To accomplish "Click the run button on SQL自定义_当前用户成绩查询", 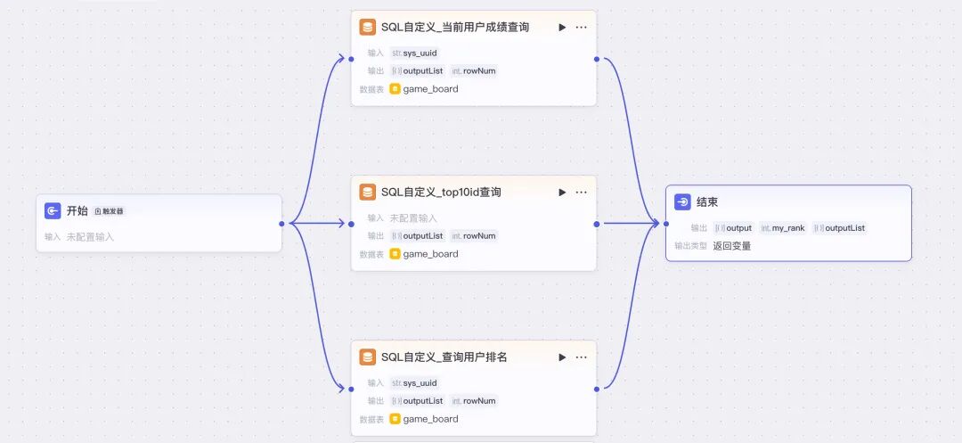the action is pos(562,27).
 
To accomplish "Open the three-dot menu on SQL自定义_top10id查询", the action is pos(582,192).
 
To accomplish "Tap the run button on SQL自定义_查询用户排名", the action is pos(562,357).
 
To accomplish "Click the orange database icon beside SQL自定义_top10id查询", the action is pos(367,192).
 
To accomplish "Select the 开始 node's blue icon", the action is pos(53,210).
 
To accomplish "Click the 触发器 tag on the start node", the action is pos(110,211).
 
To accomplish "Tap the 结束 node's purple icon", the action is pos(682,202).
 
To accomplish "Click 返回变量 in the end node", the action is pos(732,245).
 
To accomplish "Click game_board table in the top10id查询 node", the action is pos(430,254).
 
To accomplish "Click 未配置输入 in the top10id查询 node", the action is pos(413,217).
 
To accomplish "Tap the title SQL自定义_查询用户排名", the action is pos(444,357).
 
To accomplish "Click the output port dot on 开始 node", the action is pos(281,223).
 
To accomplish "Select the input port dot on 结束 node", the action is pos(665,223).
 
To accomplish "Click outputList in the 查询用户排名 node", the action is pos(422,400).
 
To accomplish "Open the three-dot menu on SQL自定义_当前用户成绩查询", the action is pos(582,27).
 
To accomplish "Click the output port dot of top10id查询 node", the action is pos(596,223).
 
